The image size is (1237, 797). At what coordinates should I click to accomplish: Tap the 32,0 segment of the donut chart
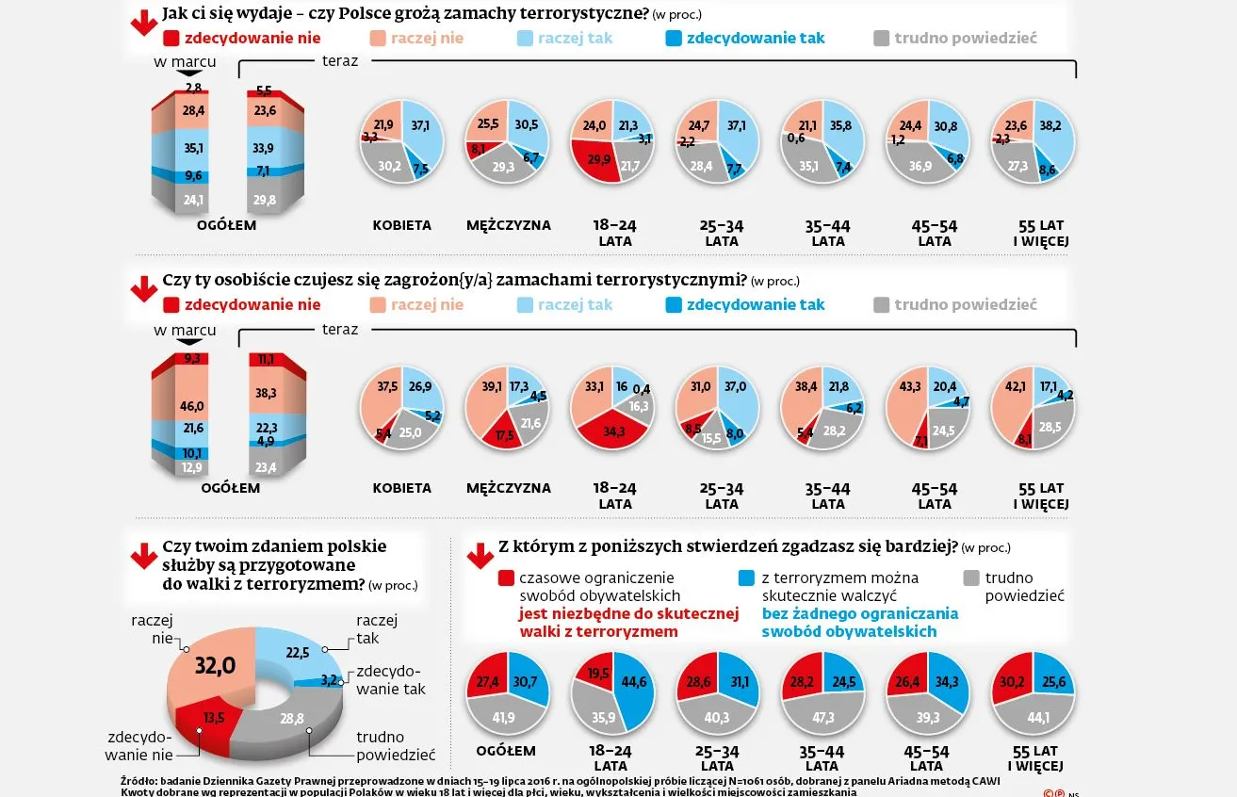point(214,666)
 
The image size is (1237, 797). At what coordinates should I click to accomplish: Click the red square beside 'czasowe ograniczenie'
point(507,578)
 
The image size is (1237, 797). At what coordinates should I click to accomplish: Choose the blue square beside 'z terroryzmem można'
point(746,578)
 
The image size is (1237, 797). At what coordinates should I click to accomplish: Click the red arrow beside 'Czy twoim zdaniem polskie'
point(144,558)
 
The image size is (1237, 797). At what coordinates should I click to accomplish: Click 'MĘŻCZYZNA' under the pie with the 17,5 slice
point(508,488)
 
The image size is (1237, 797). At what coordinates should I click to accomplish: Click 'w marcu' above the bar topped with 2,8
point(185,62)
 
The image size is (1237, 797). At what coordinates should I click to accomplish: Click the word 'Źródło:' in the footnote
point(139,780)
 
